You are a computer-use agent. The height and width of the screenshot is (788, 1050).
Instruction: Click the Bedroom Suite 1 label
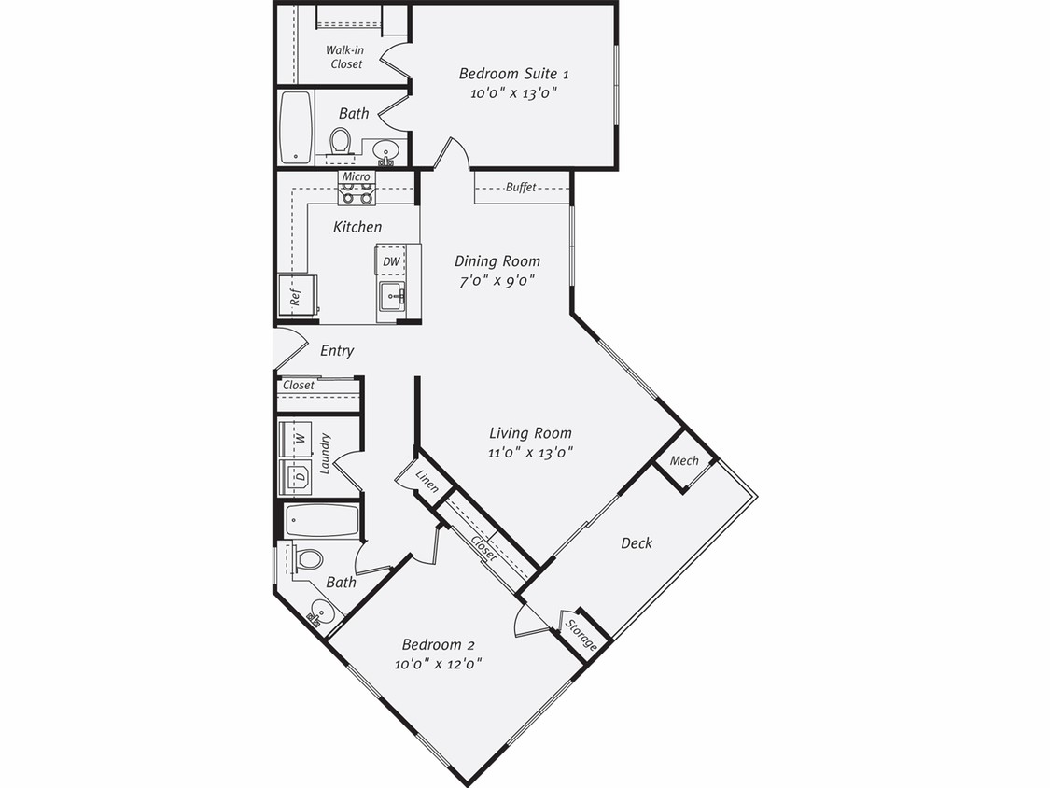(513, 74)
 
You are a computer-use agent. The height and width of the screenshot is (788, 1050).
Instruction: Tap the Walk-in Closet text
(344, 57)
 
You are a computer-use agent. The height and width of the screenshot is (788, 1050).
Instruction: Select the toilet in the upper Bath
(341, 141)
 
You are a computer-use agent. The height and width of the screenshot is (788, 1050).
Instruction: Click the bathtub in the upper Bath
(296, 127)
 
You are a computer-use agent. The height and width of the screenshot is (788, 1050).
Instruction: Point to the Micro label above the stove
(356, 176)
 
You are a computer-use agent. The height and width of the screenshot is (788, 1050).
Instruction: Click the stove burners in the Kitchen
(356, 193)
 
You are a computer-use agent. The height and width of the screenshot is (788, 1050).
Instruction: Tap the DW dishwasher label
(391, 261)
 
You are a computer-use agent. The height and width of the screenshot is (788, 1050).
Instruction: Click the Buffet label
(521, 188)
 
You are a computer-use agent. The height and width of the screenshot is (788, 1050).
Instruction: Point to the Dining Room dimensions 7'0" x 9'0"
(496, 281)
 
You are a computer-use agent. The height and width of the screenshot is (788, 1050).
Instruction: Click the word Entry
(337, 351)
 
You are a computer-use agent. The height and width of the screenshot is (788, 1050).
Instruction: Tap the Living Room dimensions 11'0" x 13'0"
(530, 453)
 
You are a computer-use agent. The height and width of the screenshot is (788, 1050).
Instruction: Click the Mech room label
(684, 460)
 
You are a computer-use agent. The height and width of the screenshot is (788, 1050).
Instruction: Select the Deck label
(637, 542)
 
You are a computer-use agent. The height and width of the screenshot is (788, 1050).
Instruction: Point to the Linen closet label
(427, 480)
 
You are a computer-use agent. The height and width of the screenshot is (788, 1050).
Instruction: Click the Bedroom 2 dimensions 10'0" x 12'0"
(438, 664)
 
